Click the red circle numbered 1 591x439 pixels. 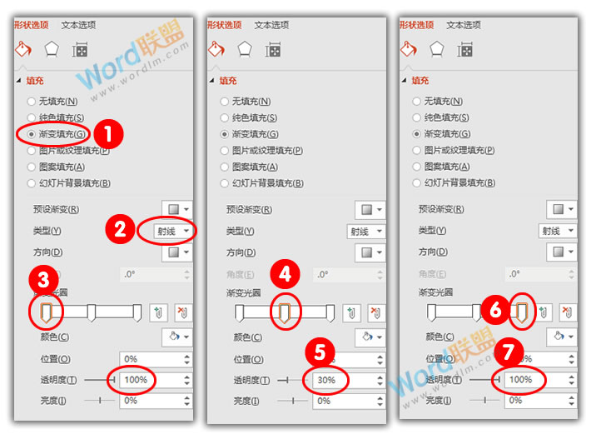(x=108, y=132)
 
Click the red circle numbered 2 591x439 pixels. (x=121, y=230)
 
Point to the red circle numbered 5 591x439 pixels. (x=320, y=351)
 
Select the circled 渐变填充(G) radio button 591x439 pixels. (x=32, y=133)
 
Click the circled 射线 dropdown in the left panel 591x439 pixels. (x=175, y=231)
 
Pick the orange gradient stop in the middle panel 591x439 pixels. (x=285, y=312)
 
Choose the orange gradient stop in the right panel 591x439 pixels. (x=523, y=312)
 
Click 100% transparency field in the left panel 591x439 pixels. (x=137, y=380)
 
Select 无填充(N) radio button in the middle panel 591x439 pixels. (x=225, y=101)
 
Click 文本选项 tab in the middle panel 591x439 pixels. (x=273, y=25)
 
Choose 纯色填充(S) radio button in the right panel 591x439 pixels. (x=417, y=117)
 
